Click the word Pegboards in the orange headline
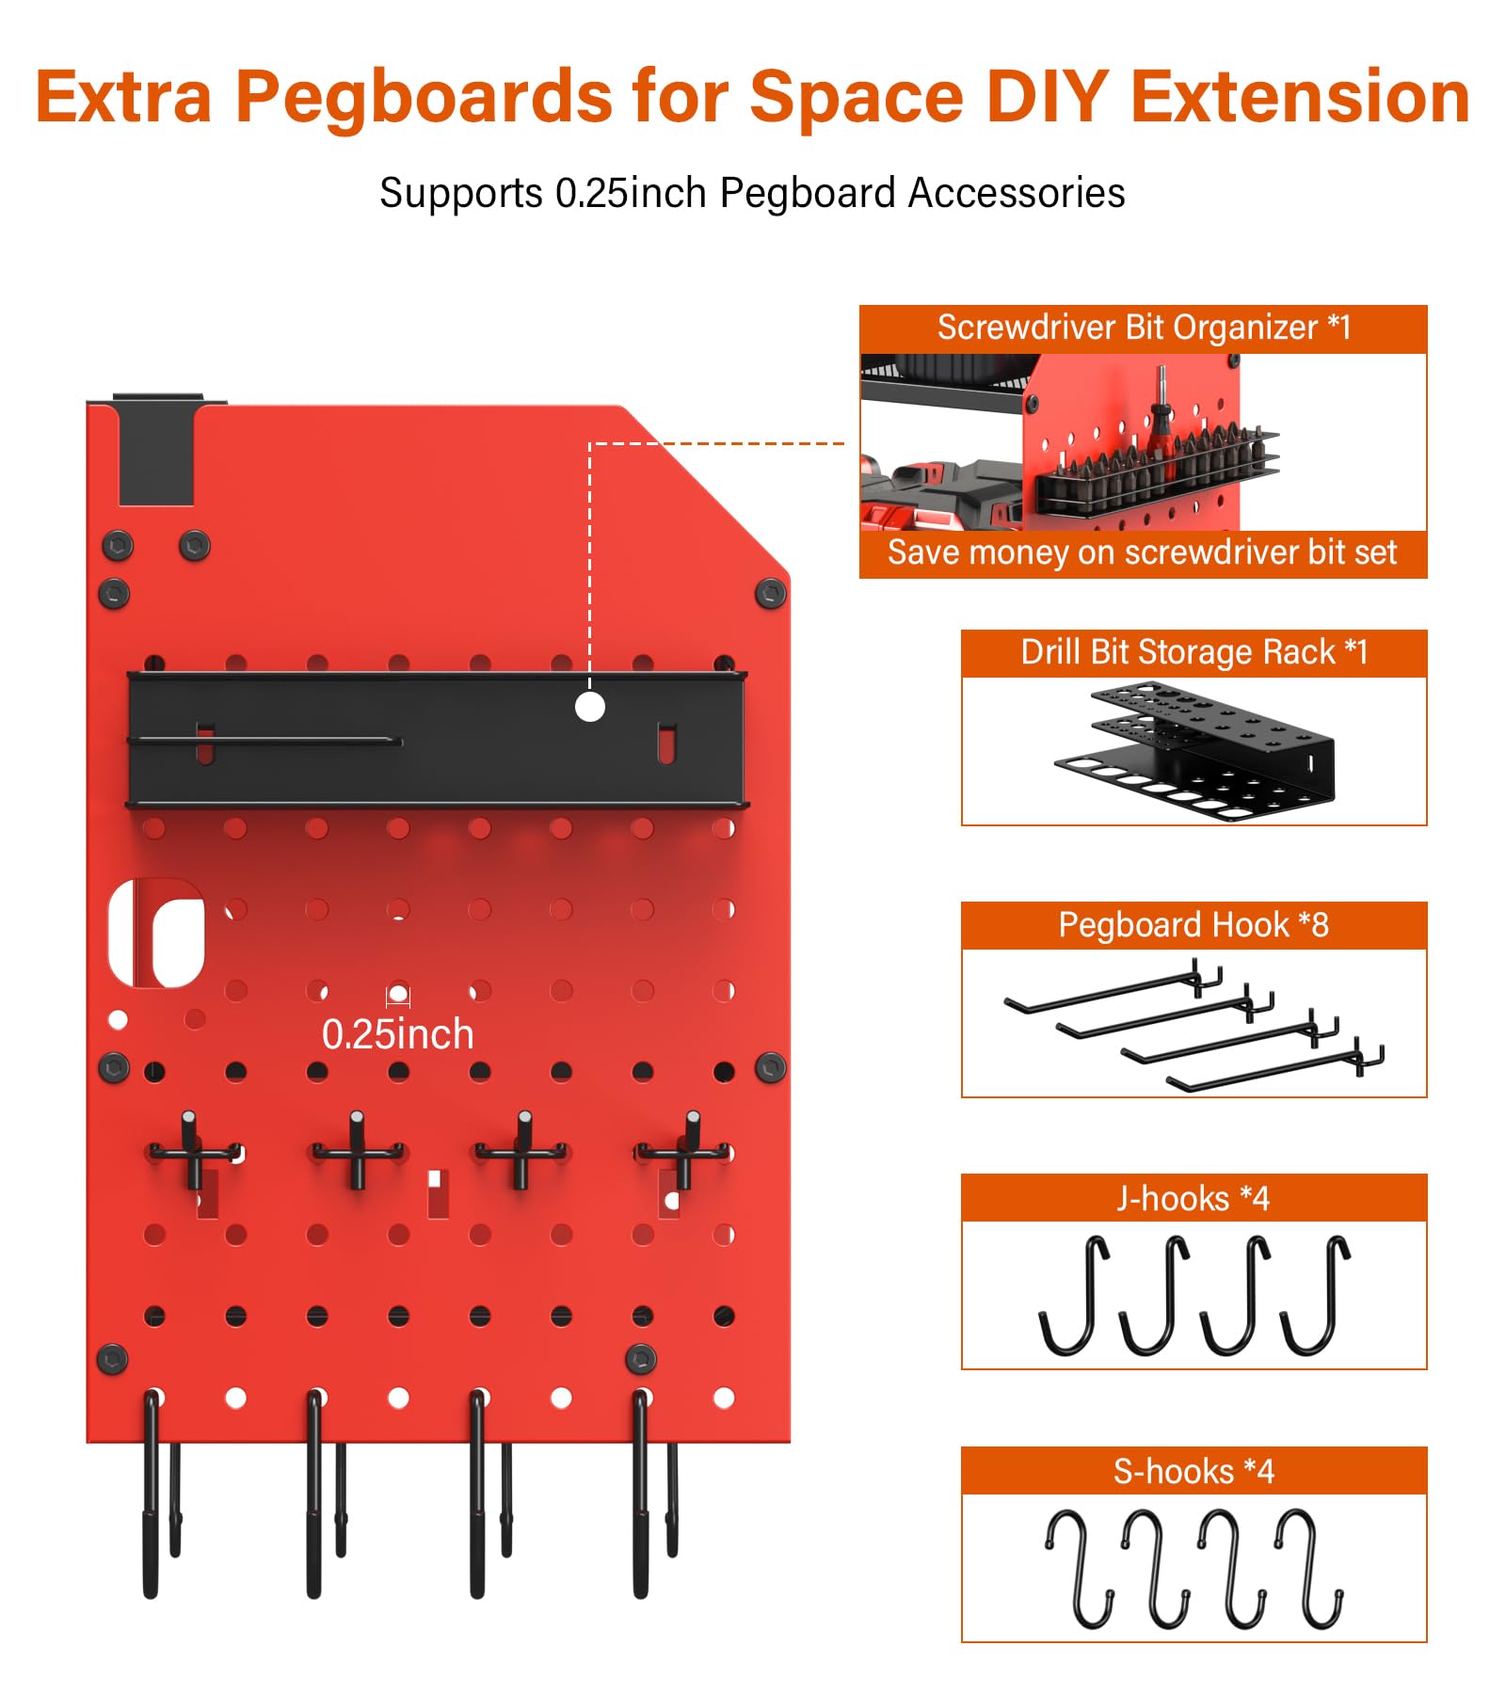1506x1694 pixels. coord(424,97)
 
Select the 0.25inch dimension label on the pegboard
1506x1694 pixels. coord(397,1034)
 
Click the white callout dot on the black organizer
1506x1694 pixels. coord(590,707)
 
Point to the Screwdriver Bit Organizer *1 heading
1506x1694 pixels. coord(1144,328)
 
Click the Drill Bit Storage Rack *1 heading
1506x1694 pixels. coord(1194,652)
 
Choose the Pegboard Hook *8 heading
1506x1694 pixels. coord(1194,925)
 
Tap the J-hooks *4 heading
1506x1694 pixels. coord(1194,1198)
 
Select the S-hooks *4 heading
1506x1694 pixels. coord(1194,1471)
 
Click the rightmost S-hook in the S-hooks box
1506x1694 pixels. coord(1309,1569)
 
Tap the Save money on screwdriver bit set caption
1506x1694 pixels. coord(1143,552)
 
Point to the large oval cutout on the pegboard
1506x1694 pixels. coord(158,934)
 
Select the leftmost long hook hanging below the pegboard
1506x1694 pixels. coord(152,1496)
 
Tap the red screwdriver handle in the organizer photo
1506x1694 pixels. coord(1159,433)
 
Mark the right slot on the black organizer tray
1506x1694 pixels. coord(666,743)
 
